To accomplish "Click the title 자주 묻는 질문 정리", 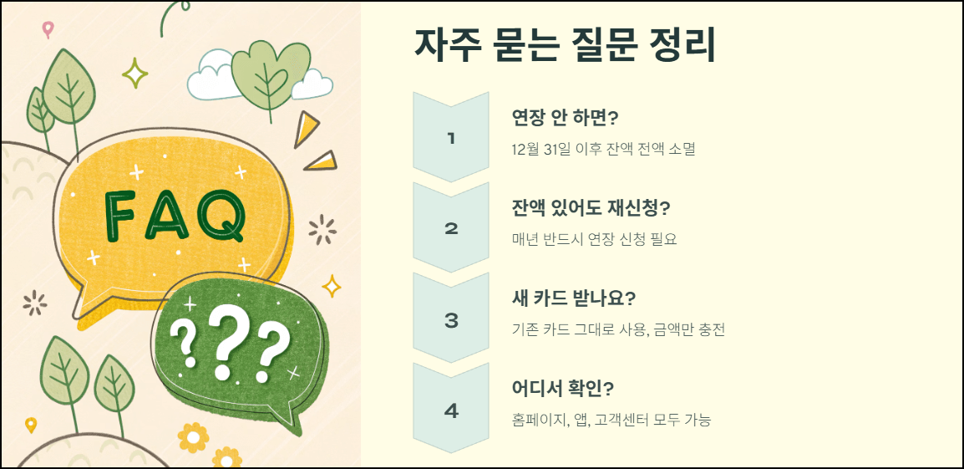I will pos(565,45).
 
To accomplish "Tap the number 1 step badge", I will pos(451,138).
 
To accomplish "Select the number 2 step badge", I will pos(451,228).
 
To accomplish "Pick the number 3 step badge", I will pos(451,319).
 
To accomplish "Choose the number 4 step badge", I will pos(451,410).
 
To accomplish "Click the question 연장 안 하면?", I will pos(571,117).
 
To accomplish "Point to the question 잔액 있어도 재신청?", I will pos(591,207).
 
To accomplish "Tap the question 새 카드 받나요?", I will pos(574,298).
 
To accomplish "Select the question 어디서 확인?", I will pos(563,389).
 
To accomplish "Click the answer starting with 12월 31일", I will pos(603,149).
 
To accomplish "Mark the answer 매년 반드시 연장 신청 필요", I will pos(594,239).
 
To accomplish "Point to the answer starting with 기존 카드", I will pos(618,329).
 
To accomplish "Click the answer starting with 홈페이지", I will pos(611,420).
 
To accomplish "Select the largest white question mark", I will pos(224,341).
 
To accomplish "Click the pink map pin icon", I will pos(48,29).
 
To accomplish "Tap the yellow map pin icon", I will pos(31,425).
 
